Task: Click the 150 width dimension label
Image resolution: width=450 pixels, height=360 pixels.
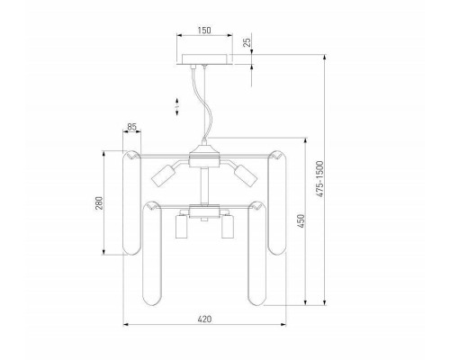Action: [204, 31]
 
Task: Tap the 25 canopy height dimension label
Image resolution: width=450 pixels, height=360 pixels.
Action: [247, 42]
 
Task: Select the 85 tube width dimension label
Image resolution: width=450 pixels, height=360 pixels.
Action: [131, 127]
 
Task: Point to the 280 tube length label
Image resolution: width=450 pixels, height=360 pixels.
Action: [99, 203]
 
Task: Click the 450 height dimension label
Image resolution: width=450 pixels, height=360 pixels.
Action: [301, 221]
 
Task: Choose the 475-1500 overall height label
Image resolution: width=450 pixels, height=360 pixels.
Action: [320, 179]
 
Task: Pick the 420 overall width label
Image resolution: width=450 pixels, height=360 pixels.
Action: [204, 319]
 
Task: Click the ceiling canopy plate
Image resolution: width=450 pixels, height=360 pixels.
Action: [204, 59]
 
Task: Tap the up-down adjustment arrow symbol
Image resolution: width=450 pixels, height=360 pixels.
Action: [177, 106]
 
